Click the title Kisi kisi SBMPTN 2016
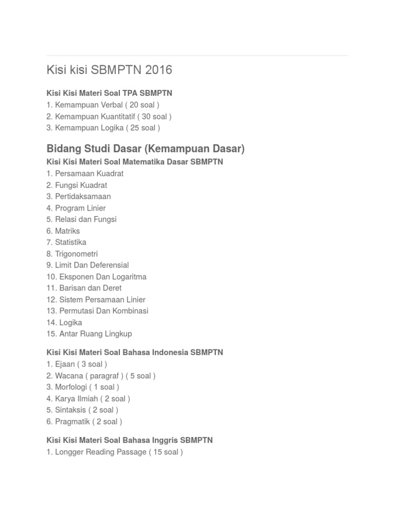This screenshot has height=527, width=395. pos(109,70)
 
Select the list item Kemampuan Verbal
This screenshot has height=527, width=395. pos(103,105)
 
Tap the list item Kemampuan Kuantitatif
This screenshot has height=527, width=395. pos(109,116)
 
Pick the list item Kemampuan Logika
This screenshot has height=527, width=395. pos(103,128)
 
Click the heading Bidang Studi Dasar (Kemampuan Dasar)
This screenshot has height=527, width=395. pos(146,149)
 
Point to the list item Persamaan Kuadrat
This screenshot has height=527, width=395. pos(85,173)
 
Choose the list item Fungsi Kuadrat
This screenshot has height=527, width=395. pos(77,185)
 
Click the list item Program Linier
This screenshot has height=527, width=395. pos(76,208)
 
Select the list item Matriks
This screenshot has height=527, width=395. pos(63,231)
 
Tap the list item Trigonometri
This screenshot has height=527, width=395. pos(72,254)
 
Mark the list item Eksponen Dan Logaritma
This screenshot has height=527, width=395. pos(96,277)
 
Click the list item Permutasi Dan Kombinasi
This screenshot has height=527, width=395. pos(97,311)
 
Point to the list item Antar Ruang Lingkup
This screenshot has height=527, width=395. pos(89,333)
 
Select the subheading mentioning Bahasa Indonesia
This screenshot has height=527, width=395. pos(135,353)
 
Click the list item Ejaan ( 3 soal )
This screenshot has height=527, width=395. pos(77,364)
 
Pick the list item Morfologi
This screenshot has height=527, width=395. pos(83,387)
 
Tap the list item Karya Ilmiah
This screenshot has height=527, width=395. pos(88,398)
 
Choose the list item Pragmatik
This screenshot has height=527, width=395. pos(84,421)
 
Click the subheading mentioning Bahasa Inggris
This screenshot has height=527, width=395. pos(130,441)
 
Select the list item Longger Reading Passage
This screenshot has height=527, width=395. pos(114,452)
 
